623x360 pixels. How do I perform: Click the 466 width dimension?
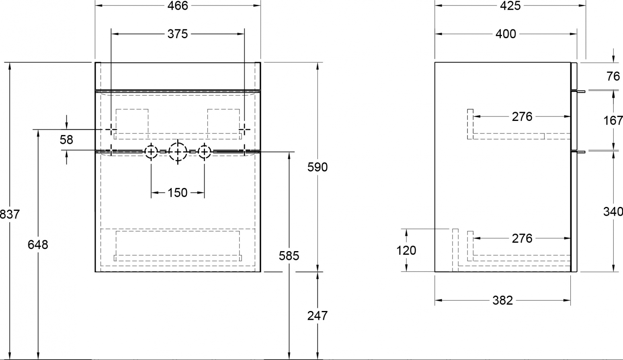(178, 6)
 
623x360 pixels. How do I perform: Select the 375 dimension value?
(178, 34)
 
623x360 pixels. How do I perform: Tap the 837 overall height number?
(10, 214)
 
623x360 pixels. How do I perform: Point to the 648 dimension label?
(38, 245)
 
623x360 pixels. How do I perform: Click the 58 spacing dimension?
(66, 139)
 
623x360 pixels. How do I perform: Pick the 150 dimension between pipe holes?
(178, 192)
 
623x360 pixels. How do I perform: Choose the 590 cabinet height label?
(318, 167)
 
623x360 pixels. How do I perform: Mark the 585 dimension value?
(289, 256)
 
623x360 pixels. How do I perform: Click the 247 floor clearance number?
(318, 315)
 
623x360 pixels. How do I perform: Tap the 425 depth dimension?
(510, 6)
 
